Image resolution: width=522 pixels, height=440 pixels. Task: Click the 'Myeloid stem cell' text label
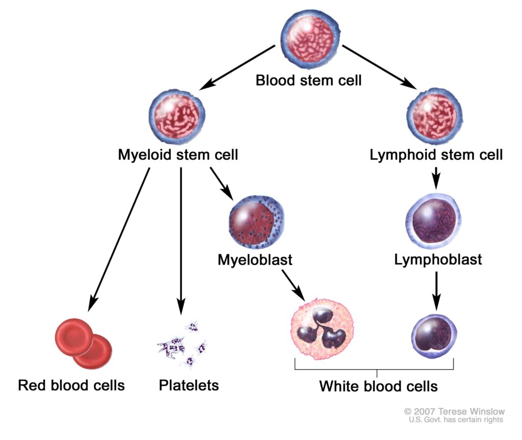[x=178, y=154]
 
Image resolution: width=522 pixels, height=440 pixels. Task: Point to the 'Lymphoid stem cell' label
[x=436, y=154]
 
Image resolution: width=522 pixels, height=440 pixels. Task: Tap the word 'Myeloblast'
[x=255, y=260]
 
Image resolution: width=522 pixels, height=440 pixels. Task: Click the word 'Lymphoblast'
[x=438, y=260]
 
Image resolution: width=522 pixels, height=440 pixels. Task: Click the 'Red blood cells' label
[x=71, y=385]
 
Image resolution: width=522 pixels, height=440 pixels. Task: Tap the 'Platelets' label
[x=189, y=385]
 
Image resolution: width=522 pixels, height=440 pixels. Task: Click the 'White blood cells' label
[x=378, y=386]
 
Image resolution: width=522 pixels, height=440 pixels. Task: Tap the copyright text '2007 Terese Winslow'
[x=455, y=411]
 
